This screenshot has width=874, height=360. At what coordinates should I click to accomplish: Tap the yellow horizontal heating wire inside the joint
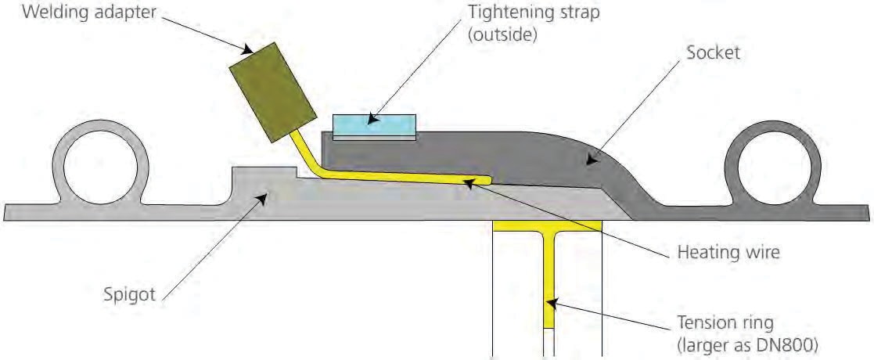pyautogui.click(x=407, y=179)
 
